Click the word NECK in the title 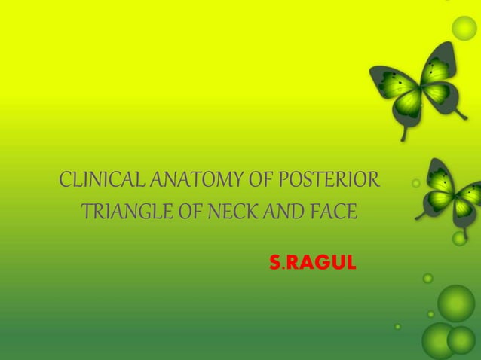[240, 211]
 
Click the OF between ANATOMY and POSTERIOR [256, 182]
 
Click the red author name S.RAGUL [309, 263]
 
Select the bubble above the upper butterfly [464, 28]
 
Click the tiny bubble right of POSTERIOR [416, 183]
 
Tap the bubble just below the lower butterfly [459, 238]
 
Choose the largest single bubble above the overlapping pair [456, 303]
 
